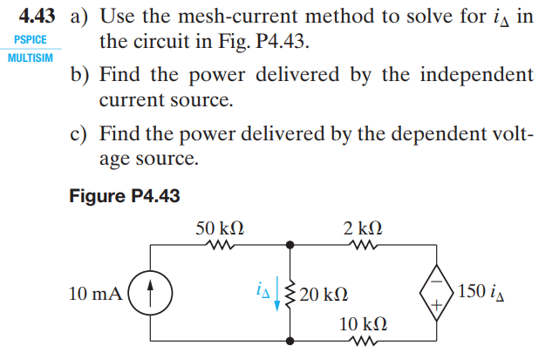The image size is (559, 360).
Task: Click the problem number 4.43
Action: pyautogui.click(x=37, y=16)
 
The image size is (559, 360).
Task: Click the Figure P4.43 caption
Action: pyautogui.click(x=124, y=196)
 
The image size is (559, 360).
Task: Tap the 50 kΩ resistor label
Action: pyautogui.click(x=219, y=228)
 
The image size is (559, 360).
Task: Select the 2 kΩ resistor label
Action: pyautogui.click(x=363, y=228)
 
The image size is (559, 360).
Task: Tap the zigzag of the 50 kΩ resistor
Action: pyautogui.click(x=218, y=246)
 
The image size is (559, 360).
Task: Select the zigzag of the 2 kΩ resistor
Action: pyautogui.click(x=361, y=246)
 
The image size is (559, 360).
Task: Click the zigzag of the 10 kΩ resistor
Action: pyautogui.click(x=361, y=341)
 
